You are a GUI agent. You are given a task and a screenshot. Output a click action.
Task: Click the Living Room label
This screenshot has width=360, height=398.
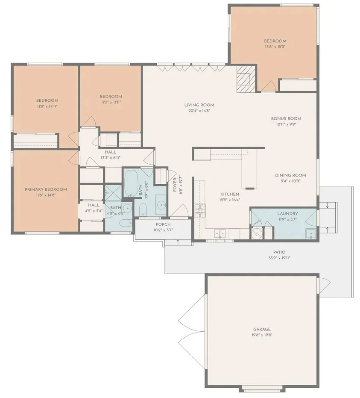click(199, 105)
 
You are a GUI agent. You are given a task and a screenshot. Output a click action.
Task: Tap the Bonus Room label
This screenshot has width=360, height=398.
click(286, 118)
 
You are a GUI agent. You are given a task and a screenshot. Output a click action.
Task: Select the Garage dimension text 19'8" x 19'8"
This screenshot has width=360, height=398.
click(262, 335)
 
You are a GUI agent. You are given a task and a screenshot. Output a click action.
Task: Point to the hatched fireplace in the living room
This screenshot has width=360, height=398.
click(246, 79)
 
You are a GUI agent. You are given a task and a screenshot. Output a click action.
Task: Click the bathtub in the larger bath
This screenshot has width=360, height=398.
click(131, 183)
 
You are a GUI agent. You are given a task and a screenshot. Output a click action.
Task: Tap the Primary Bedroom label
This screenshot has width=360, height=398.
click(46, 189)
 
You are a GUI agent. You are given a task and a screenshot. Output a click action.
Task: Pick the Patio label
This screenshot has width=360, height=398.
click(279, 252)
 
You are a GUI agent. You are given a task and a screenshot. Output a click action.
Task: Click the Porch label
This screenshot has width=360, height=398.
click(163, 224)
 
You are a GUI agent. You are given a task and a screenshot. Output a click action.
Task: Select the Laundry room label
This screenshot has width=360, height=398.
click(287, 214)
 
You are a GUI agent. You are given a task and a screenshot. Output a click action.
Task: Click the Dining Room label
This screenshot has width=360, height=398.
click(290, 175)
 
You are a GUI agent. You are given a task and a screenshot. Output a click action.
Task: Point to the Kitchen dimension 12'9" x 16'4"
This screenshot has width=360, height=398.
click(230, 200)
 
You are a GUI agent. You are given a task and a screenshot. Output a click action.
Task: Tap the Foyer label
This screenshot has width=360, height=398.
click(175, 185)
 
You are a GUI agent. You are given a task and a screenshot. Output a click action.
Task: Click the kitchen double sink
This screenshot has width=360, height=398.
click(220, 233)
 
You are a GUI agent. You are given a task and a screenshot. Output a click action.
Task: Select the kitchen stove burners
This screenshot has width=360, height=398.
click(200, 211)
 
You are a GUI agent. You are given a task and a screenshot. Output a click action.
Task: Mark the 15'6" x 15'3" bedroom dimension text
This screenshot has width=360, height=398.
click(275, 47)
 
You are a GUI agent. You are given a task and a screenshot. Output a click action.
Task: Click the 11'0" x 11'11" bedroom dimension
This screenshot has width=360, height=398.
click(111, 102)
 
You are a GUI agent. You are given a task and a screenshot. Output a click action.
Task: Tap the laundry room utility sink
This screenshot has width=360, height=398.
click(311, 233)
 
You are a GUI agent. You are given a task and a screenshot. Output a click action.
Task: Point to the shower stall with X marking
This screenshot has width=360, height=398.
click(113, 193)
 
